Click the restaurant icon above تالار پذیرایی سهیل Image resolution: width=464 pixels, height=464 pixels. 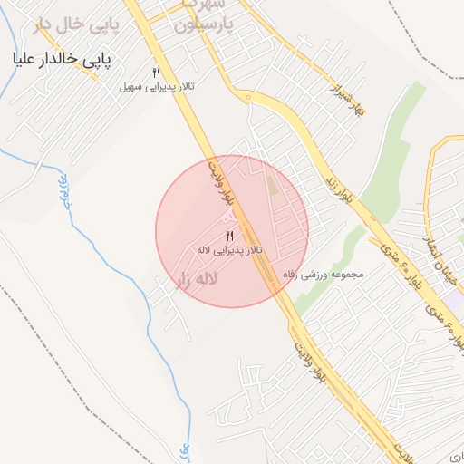pyautogui.click(x=156, y=73)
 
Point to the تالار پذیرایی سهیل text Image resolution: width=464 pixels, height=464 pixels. pyautogui.click(x=153, y=88)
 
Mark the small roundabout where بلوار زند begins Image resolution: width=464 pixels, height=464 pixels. pyautogui.click(x=246, y=96)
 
